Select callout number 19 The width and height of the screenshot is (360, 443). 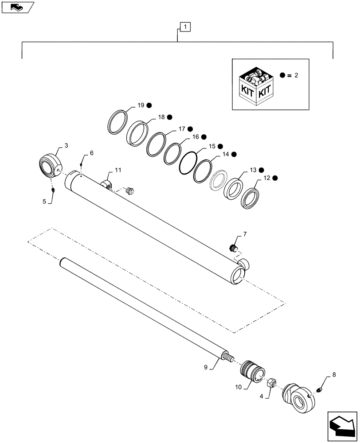click(x=141, y=105)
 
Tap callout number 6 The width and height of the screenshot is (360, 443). click(x=91, y=153)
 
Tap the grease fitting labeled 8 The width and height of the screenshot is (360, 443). click(x=320, y=389)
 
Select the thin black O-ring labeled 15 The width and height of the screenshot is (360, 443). click(x=188, y=163)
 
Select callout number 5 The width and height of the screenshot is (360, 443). click(x=44, y=202)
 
